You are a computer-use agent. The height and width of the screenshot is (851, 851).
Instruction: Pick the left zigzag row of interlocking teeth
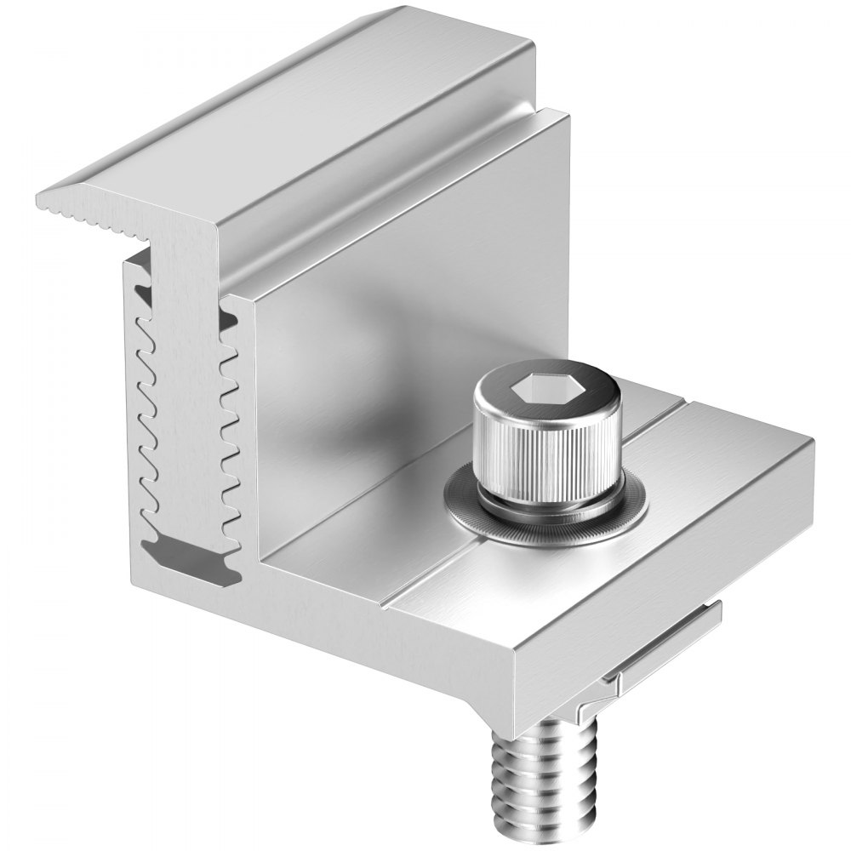click(x=145, y=400)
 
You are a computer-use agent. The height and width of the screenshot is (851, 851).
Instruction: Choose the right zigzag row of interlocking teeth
click(x=228, y=408)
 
